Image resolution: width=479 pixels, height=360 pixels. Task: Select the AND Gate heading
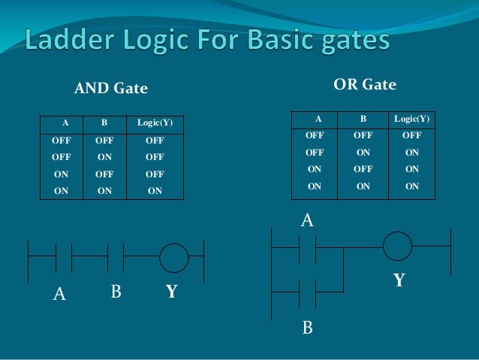(x=110, y=89)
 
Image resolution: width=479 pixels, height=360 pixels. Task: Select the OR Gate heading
(x=364, y=84)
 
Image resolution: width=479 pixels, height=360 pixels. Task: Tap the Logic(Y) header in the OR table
(x=411, y=119)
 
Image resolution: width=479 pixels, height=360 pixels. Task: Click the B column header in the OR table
(x=363, y=119)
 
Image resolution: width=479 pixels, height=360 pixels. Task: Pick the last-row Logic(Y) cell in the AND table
(x=155, y=191)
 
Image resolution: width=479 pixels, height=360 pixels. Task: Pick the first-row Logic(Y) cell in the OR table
(x=411, y=136)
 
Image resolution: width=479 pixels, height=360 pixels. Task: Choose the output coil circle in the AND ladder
(x=173, y=258)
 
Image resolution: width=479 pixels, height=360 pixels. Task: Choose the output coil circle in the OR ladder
(x=397, y=246)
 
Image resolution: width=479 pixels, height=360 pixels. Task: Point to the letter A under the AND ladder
(x=59, y=295)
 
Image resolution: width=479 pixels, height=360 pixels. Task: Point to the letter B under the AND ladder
(x=116, y=291)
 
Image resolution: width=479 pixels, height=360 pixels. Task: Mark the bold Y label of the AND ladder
(x=172, y=291)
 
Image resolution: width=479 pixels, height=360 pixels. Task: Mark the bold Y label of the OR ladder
(x=399, y=281)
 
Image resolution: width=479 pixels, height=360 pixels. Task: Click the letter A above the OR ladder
(x=306, y=221)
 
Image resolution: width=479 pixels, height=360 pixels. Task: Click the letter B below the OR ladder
(x=307, y=328)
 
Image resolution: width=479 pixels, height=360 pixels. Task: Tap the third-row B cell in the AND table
(x=105, y=174)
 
